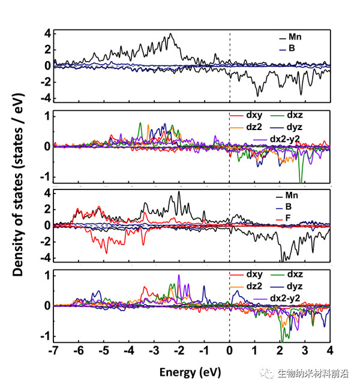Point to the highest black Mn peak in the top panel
click(171, 34)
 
